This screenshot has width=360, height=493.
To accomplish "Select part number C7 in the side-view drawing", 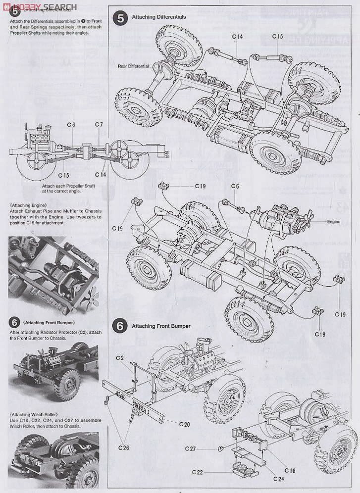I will tap(99, 124).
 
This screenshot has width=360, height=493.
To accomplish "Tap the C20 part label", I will tap(184, 424).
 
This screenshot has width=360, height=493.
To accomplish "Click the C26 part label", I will tap(124, 448).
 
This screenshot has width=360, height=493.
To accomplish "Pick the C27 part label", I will tap(192, 448).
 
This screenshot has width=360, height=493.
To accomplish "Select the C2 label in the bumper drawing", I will tap(120, 357).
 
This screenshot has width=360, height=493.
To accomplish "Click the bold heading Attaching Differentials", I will tap(158, 17).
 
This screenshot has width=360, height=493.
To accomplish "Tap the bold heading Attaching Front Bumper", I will tap(161, 326).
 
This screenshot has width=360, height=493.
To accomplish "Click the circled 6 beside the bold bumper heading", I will tap(119, 326).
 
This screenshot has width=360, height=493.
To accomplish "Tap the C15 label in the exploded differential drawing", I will tap(277, 37).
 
